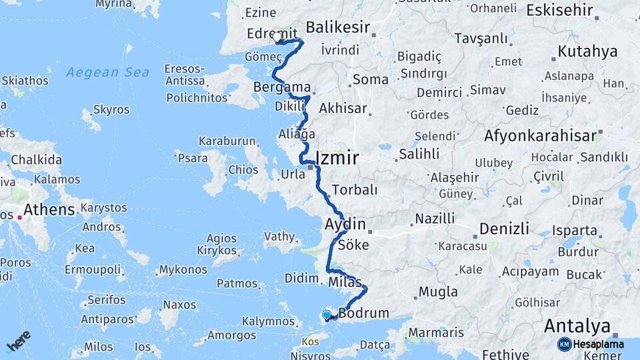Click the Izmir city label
(337, 158)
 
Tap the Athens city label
(49, 210)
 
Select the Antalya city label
(577, 326)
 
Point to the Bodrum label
(363, 313)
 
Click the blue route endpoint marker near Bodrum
(327, 315)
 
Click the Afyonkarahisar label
(540, 136)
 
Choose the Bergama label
(283, 87)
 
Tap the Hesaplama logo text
(597, 344)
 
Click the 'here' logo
(18, 341)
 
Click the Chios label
(243, 169)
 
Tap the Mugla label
(438, 292)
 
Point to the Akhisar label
(343, 108)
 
